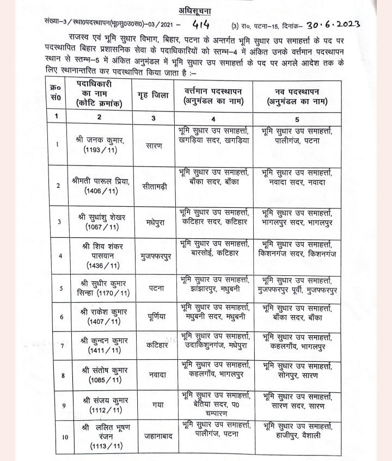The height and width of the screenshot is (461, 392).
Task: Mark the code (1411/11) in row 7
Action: (101, 351)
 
